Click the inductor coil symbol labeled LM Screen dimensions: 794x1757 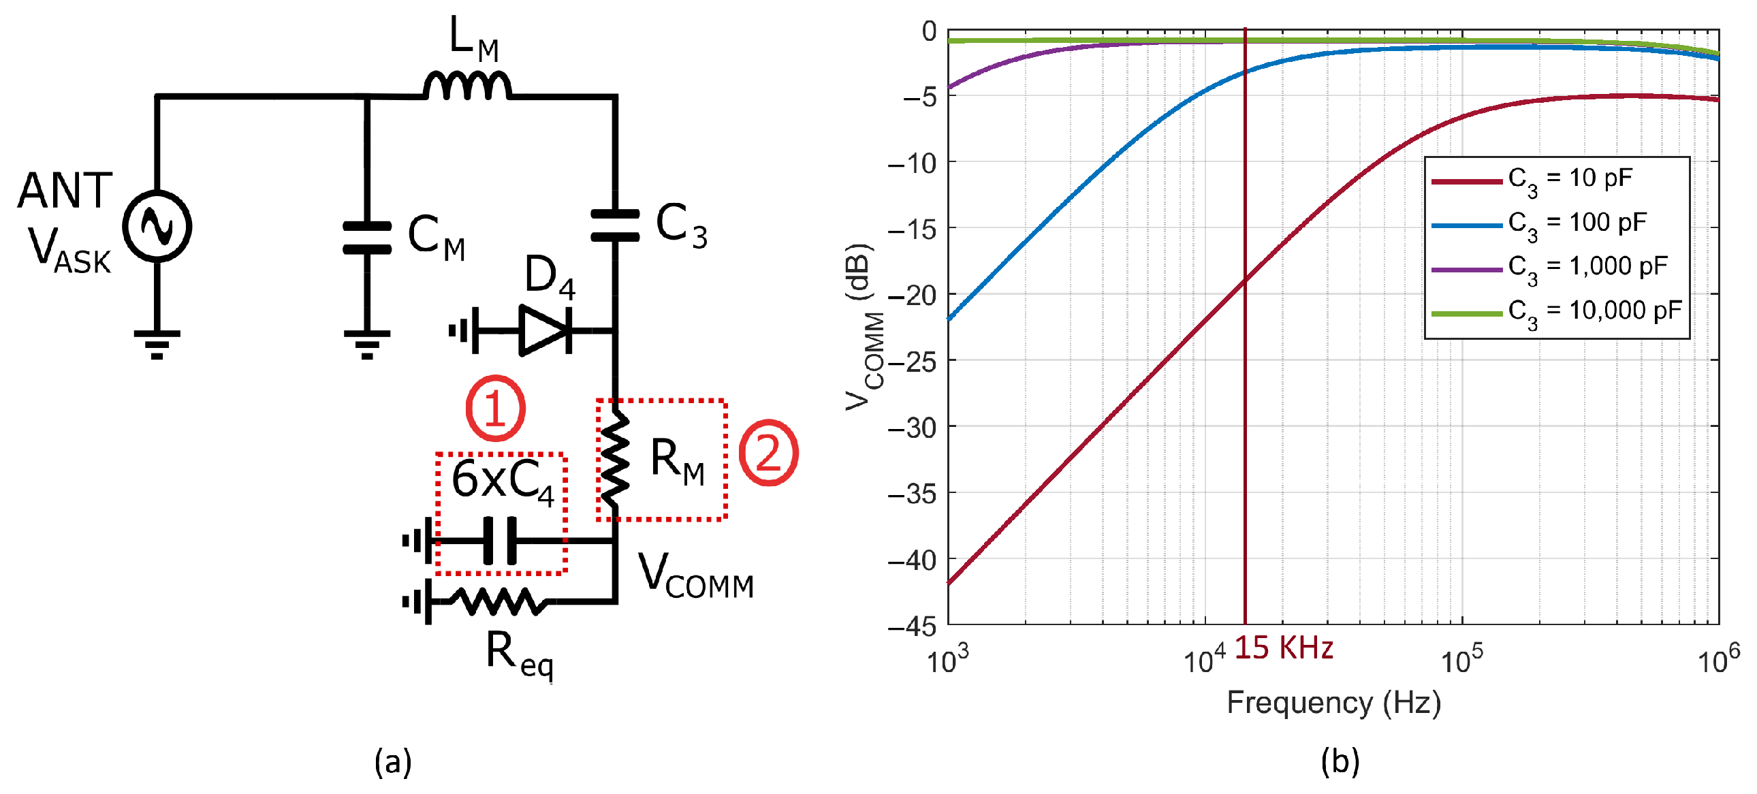point(467,87)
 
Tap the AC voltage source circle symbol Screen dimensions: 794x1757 point(157,226)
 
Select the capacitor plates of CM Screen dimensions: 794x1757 point(367,238)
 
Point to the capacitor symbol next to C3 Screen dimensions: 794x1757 point(614,225)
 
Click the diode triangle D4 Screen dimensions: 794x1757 point(543,331)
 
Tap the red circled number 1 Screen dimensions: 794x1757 point(496,408)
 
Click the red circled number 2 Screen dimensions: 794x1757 point(769,452)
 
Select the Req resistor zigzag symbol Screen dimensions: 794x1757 point(499,602)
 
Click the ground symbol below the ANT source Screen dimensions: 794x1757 point(157,344)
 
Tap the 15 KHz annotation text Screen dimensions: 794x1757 point(1283,648)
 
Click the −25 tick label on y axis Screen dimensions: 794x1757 point(913,361)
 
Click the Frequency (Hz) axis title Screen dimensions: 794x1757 point(1333,703)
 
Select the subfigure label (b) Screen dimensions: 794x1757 point(1340,761)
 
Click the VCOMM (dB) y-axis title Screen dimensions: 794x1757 point(863,328)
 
